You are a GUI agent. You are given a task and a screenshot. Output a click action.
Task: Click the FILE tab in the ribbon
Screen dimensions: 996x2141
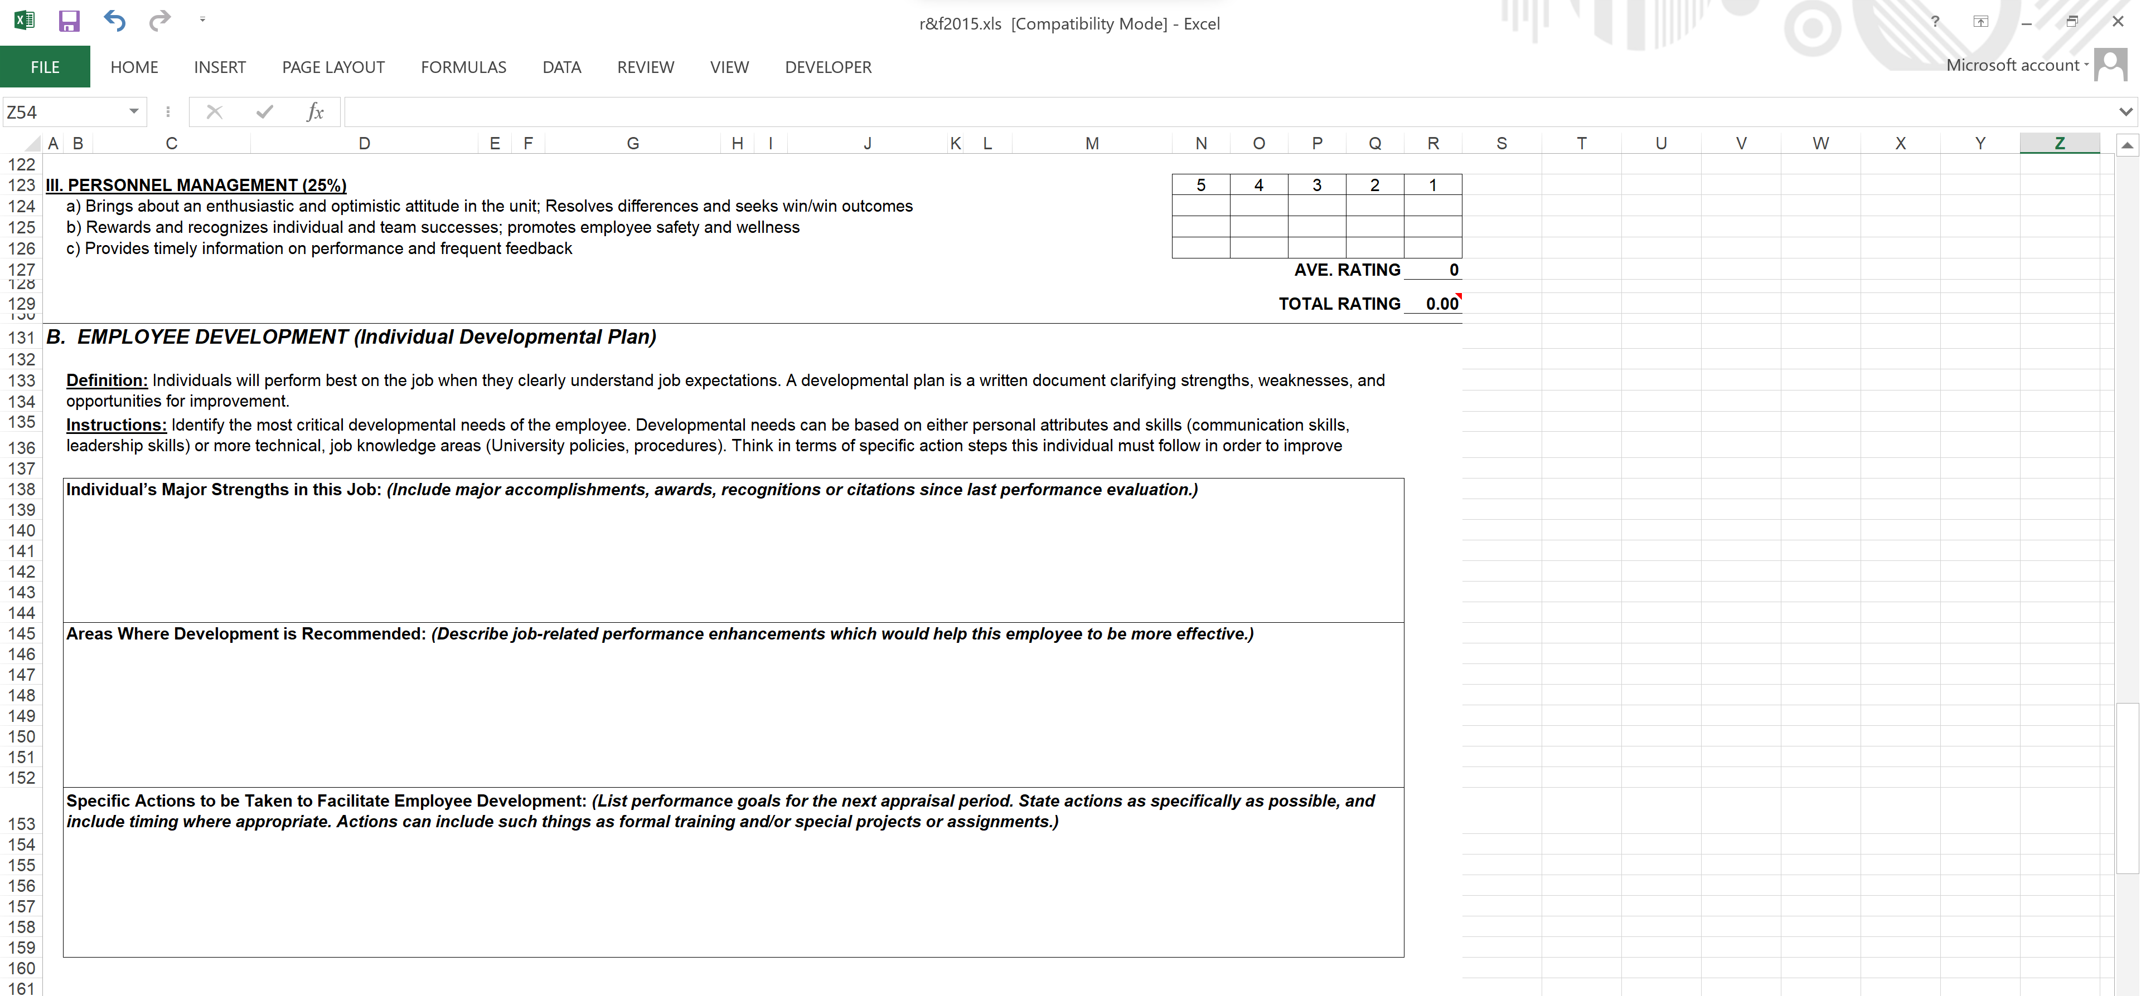pyautogui.click(x=45, y=67)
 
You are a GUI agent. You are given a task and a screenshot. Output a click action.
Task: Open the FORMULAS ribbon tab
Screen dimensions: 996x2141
pyautogui.click(x=463, y=67)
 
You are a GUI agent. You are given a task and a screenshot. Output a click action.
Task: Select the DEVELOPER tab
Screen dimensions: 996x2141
pyautogui.click(x=828, y=67)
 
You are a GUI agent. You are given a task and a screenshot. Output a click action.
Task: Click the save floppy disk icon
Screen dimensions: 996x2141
pyautogui.click(x=69, y=21)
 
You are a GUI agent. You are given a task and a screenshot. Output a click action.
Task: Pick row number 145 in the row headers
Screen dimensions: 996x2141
pyautogui.click(x=22, y=634)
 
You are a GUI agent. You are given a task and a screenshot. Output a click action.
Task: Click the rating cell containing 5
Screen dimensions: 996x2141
pyautogui.click(x=1200, y=185)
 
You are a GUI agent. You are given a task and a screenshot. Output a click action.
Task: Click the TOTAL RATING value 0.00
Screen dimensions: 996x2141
pyautogui.click(x=1441, y=304)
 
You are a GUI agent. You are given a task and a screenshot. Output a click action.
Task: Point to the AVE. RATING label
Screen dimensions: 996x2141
pyautogui.click(x=1346, y=270)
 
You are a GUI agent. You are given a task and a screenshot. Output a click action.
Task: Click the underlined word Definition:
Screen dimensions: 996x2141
pyautogui.click(x=106, y=380)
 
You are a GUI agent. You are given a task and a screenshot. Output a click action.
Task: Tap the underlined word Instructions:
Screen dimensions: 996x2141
pyautogui.click(x=117, y=426)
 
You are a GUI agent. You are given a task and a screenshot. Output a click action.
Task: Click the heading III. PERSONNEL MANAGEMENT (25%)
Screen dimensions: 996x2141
pyautogui.click(x=196, y=185)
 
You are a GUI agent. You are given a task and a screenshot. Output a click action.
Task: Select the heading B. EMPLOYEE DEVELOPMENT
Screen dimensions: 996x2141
pyautogui.click(x=351, y=337)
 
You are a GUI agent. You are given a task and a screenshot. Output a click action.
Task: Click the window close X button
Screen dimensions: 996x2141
pyautogui.click(x=2117, y=22)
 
